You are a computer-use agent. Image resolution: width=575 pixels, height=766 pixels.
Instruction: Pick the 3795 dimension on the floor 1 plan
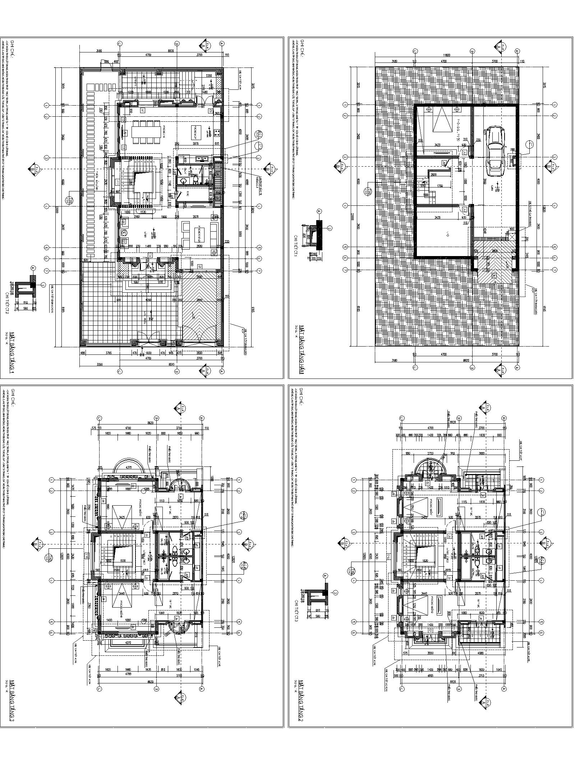coord(109,353)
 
